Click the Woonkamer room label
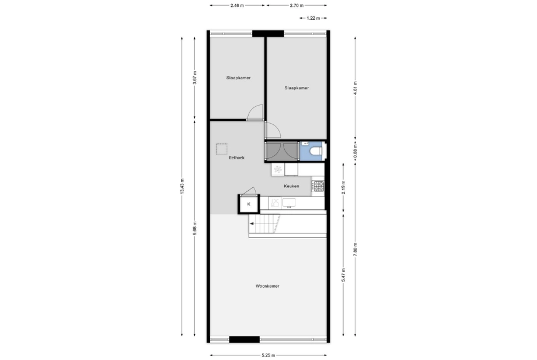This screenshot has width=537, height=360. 267,286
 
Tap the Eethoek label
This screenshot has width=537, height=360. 236,158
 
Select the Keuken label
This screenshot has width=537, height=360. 291,186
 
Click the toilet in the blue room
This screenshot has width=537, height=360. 315,151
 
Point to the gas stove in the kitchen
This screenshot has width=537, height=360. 318,186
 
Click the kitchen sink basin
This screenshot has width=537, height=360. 289,203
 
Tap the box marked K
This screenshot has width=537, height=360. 249,204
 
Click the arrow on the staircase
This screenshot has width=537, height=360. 252,224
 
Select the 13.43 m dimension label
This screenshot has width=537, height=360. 182,187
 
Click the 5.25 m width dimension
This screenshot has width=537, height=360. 268,355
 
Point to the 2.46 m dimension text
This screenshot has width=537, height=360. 237,5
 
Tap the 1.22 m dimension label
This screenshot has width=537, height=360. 313,18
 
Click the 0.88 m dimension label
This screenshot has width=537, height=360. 355,151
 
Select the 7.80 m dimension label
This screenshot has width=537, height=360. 355,249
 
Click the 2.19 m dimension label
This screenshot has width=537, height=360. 343,187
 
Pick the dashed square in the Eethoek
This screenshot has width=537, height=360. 222,149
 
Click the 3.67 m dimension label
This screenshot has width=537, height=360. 195,78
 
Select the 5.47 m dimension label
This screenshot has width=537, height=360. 343,275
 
